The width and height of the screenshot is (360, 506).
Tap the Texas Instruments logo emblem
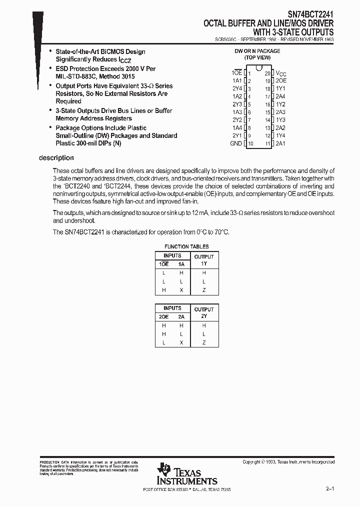pos(163,469)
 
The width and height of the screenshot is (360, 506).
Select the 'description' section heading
pos(56,158)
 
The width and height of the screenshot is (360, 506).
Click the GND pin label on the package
pos(236,143)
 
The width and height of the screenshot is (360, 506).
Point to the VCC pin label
pos(281,73)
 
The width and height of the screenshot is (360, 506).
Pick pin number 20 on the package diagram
pos(268,73)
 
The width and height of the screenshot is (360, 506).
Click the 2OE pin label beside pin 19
pos(281,80)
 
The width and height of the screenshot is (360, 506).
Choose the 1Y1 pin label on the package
pos(280,88)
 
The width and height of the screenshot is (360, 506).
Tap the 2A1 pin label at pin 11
pos(280,143)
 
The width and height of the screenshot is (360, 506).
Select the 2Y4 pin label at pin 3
pos(237,88)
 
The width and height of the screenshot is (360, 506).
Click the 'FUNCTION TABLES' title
pos(187,246)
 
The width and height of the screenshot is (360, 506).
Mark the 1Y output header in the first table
pos(203,263)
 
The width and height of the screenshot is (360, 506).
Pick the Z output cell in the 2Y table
pos(203,342)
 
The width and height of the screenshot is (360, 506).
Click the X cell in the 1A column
pos(181,290)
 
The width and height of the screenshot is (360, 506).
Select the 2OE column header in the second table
pos(163,316)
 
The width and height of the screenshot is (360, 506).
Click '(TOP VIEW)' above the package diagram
pos(257,57)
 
